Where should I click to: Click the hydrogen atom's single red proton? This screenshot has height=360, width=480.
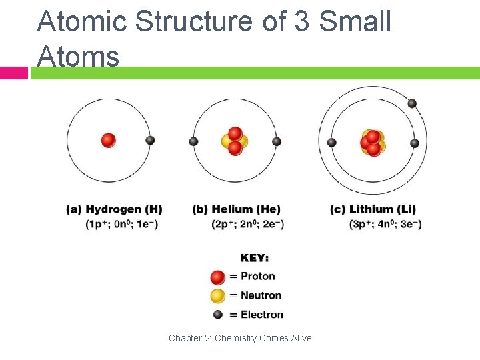point(108,140)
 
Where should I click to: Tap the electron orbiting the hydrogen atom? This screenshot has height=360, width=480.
point(150,140)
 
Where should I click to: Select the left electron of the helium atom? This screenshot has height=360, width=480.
point(193,141)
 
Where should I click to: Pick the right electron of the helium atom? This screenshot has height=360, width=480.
point(277,141)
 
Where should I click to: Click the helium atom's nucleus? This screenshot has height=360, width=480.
point(235,141)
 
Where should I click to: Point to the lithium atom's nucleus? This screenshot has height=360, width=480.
point(373,142)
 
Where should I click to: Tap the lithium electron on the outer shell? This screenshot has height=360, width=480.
point(412,103)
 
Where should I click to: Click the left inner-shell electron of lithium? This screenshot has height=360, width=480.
point(331,142)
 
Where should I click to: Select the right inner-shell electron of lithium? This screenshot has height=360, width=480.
point(415,143)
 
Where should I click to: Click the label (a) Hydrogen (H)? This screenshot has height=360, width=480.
point(114,209)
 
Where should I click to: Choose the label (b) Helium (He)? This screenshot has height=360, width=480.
point(236,209)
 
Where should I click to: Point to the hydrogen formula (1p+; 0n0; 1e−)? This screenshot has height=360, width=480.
point(122,224)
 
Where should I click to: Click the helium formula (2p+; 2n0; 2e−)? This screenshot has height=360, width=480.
point(248,224)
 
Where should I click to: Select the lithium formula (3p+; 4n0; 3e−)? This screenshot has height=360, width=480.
point(385,224)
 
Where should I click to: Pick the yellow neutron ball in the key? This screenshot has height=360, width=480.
point(217,296)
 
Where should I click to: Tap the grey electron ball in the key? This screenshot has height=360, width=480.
point(217,315)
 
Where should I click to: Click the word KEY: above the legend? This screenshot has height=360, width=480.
point(255,258)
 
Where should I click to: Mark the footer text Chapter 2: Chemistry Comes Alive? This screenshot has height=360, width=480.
point(240,338)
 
